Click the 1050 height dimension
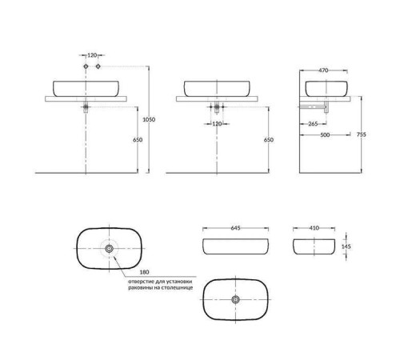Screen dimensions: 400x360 coord(149,119)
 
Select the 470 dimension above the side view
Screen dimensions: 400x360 coord(323,70)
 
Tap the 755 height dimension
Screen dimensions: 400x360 coord(362,134)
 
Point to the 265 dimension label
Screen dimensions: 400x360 coord(313,124)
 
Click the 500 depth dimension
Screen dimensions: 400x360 coord(325,135)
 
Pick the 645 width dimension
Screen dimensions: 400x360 coord(235,228)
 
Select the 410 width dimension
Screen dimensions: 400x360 coord(314,228)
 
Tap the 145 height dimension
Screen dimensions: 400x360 coord(346,246)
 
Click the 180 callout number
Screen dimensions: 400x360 coord(144,272)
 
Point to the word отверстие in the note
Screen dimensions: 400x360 coord(140,282)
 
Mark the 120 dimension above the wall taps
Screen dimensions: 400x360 coord(92,55)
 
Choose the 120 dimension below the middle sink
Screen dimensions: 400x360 coord(217,124)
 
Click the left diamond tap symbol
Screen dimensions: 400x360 coord(86,66)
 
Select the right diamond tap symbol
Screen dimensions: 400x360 coord(98,66)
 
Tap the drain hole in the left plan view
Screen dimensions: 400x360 coord(109,249)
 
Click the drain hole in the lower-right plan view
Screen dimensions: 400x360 coord(235,299)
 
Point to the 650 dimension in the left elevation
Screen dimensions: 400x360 coord(138,140)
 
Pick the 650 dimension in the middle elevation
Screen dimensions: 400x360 coord(269,140)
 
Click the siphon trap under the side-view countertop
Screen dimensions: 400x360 coord(326,107)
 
